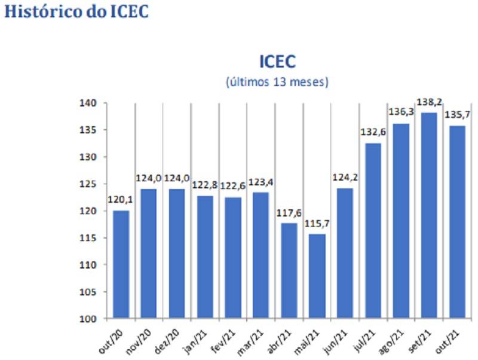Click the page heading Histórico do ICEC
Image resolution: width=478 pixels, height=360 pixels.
pos(76,12)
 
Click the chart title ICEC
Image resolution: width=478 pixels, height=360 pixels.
pos(277,62)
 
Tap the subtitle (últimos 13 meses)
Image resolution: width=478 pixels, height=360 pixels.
pos(277,82)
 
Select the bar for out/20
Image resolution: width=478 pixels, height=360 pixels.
pos(121,264)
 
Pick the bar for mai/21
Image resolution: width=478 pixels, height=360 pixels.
pos(317,276)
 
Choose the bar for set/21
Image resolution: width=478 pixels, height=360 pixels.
pos(428,215)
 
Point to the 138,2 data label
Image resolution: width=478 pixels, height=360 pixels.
pos(428,103)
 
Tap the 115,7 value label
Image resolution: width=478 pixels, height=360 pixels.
pos(317,225)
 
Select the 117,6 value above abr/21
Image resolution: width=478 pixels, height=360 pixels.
pos(289,214)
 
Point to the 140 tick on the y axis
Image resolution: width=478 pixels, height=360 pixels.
pos(87,103)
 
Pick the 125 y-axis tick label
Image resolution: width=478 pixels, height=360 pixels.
pos(87,184)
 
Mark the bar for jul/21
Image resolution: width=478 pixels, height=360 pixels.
pos(373,230)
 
